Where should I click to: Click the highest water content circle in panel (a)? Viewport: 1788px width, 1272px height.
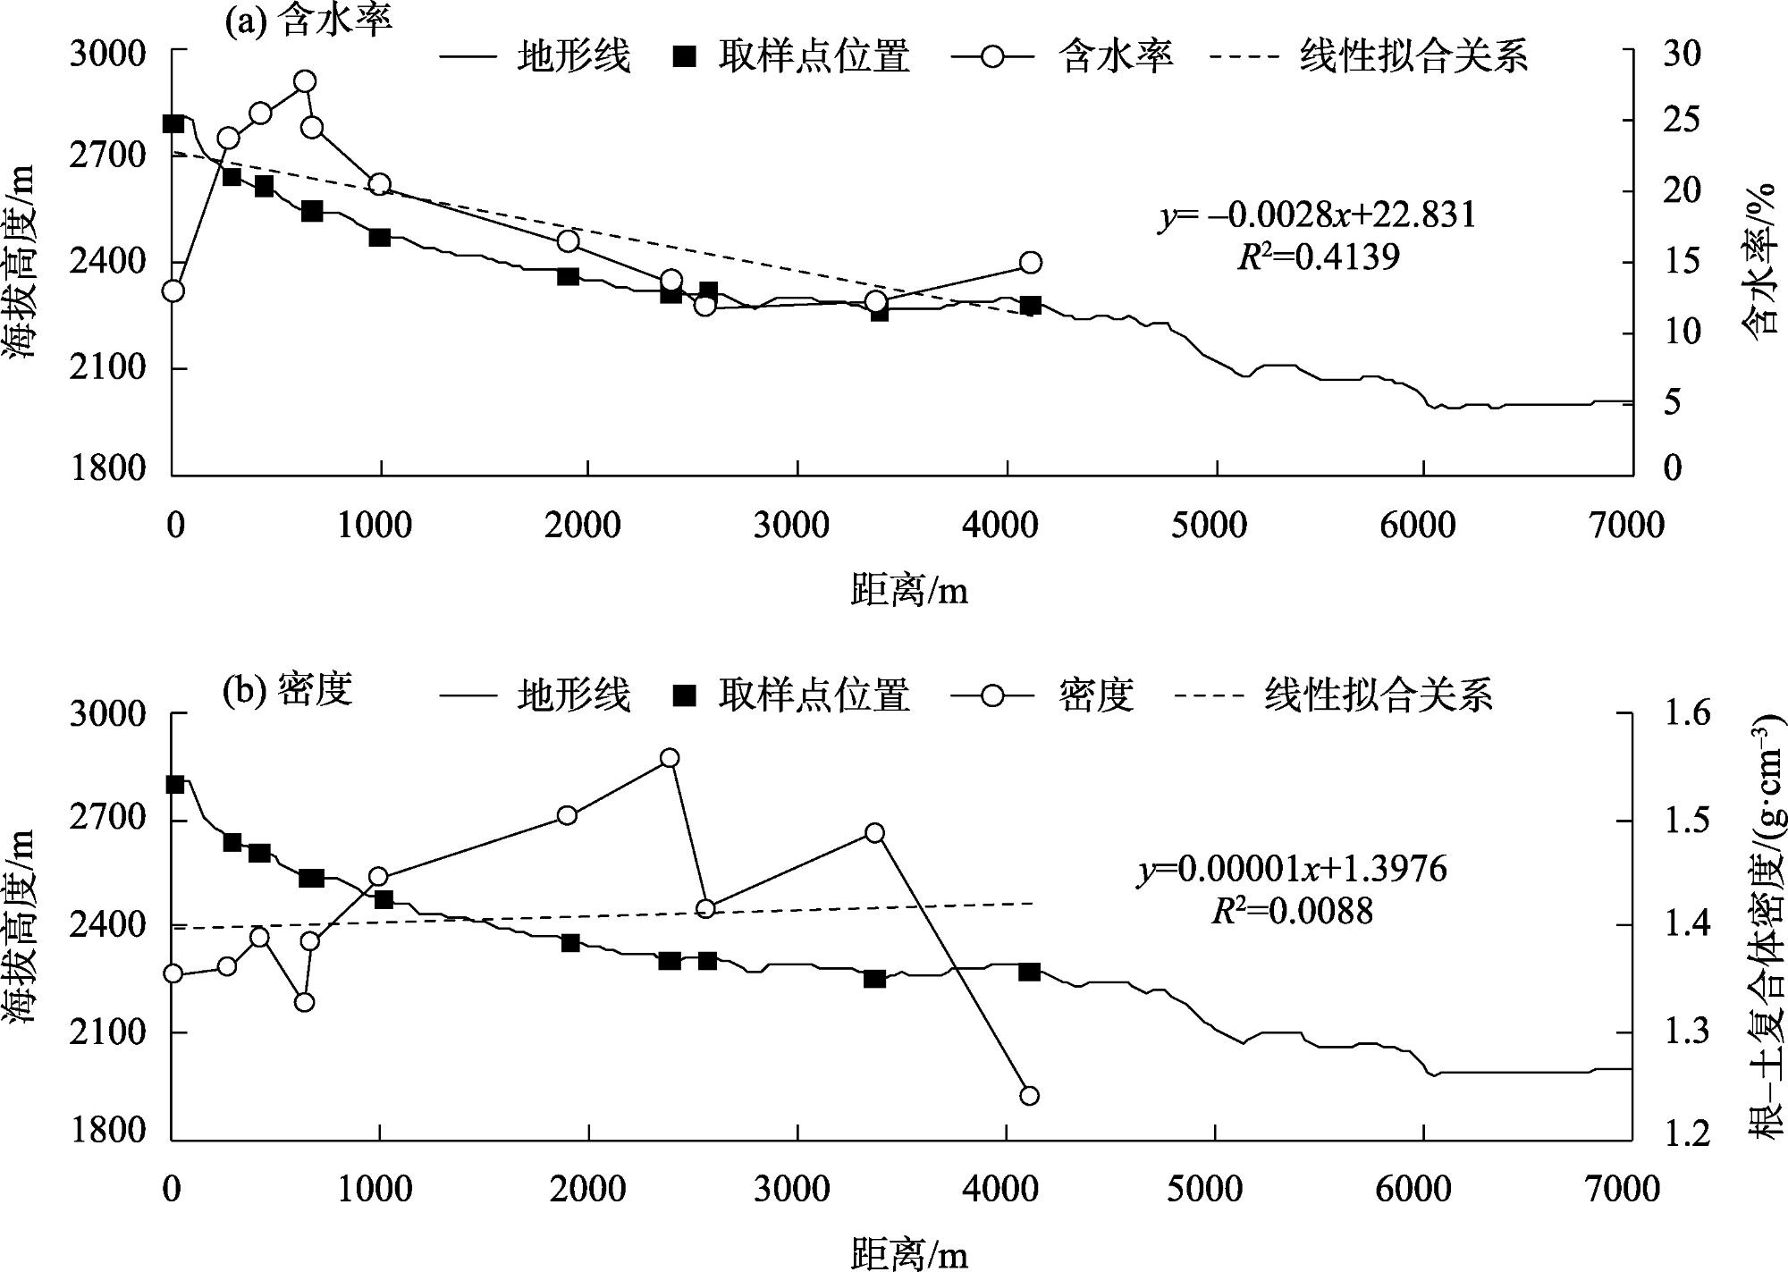(305, 81)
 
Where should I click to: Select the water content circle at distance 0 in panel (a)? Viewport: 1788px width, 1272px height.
(173, 291)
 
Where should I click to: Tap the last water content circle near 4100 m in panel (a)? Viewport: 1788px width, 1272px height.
(1031, 262)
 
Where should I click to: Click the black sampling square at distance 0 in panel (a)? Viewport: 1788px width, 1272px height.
(173, 123)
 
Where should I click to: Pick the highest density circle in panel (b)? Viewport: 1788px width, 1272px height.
(669, 758)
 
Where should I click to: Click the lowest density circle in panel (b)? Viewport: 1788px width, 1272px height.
(1029, 1096)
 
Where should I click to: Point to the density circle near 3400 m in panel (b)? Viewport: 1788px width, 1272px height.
(875, 833)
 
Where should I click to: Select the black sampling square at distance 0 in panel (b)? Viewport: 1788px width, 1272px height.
(175, 784)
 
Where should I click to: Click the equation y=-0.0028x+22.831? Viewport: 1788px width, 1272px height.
(1317, 215)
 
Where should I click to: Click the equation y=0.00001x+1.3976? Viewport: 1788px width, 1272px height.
(1292, 869)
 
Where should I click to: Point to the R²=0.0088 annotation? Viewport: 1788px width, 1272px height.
(1292, 911)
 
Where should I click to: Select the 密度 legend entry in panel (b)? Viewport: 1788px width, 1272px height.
(1096, 695)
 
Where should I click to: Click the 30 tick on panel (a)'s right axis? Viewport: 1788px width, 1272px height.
(1681, 54)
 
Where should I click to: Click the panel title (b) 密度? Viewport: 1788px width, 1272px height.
(288, 690)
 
